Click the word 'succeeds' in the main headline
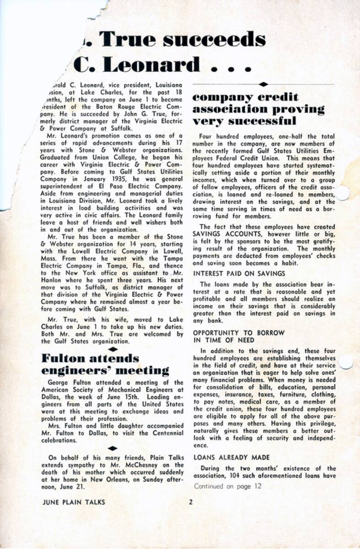tap(215, 40)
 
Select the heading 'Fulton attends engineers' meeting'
tap(105, 364)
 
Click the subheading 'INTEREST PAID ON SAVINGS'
tap(239, 273)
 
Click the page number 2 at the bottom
tap(191, 502)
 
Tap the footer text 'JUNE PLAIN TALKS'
tap(73, 502)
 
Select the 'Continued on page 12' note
tap(227, 486)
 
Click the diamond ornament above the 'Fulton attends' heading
tap(113, 349)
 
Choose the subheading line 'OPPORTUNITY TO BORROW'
tap(238, 333)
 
